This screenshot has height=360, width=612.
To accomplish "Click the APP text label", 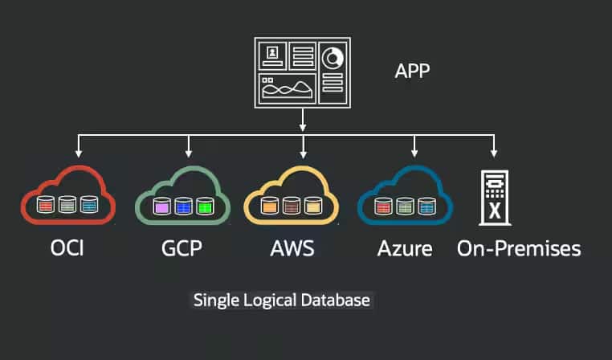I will point(412,71).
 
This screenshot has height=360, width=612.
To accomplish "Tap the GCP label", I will point(181,248).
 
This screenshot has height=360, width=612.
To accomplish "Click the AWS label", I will point(292,248).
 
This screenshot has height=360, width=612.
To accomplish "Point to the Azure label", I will point(405,248).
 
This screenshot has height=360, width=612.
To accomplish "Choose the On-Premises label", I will point(518,248).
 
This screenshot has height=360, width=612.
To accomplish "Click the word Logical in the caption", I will point(273,301).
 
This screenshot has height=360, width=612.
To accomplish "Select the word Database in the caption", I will point(339,301).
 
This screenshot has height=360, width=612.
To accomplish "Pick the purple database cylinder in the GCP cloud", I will point(161,206).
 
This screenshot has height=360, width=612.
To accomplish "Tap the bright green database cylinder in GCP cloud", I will point(205,206).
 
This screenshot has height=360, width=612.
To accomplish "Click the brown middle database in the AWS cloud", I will point(291,206).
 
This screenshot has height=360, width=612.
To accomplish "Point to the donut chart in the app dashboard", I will point(332,58).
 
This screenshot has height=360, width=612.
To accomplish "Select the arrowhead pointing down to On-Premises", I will point(495,152).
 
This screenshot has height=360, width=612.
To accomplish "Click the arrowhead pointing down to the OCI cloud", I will point(78,152).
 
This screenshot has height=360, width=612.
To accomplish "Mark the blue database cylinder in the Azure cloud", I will point(426,207).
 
